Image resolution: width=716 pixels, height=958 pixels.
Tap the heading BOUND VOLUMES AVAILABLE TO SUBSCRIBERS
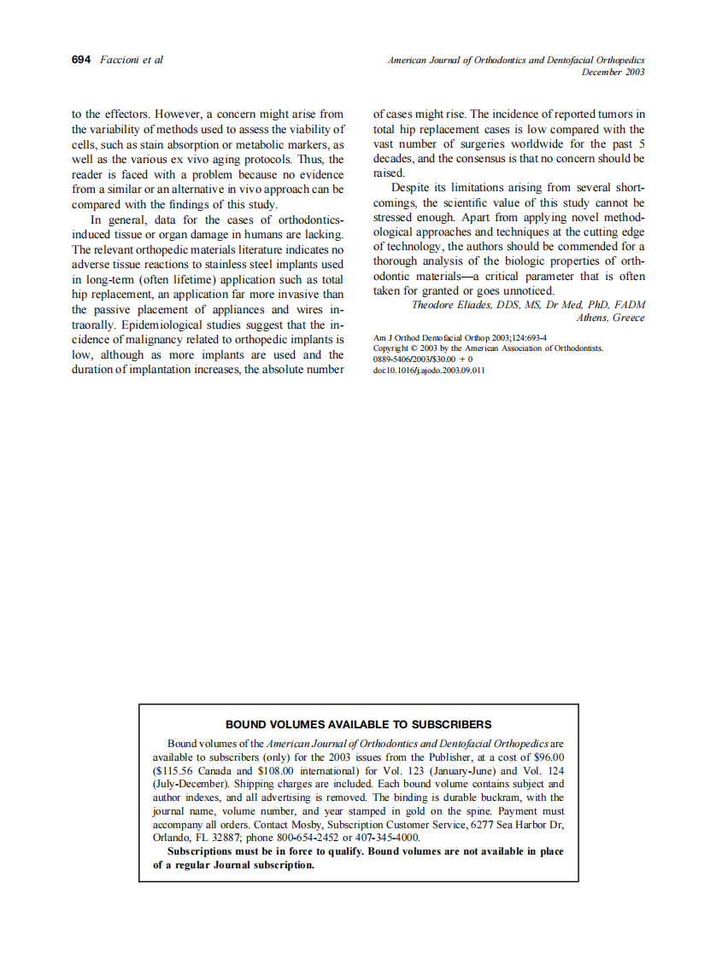pyautogui.click(x=358, y=724)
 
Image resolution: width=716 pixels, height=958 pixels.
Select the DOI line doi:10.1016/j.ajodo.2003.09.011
pyautogui.click(x=429, y=371)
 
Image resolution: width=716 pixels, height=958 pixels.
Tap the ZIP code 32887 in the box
pyautogui.click(x=223, y=838)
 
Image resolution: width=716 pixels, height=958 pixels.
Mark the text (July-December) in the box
pyautogui.click(x=187, y=783)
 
